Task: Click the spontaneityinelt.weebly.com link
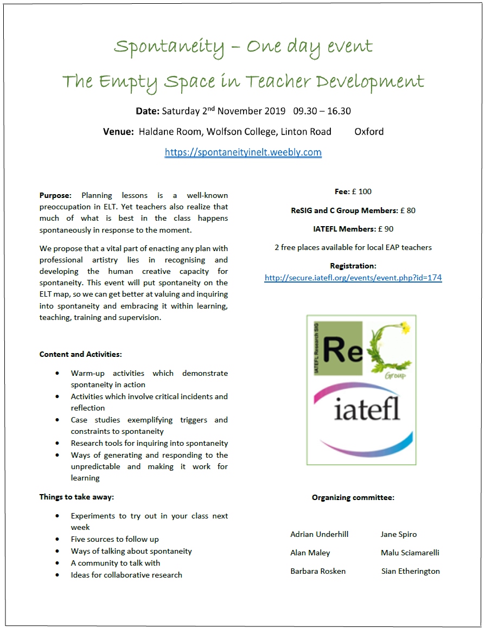pyautogui.click(x=243, y=152)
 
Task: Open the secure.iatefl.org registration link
pyautogui.click(x=353, y=278)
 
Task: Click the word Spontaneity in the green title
pyautogui.click(x=169, y=47)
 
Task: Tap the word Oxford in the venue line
pyautogui.click(x=369, y=132)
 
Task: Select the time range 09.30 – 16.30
pyautogui.click(x=322, y=111)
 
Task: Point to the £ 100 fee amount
pyautogui.click(x=362, y=191)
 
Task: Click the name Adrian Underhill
pyautogui.click(x=320, y=534)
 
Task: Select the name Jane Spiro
pyautogui.click(x=399, y=534)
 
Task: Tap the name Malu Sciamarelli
pyautogui.click(x=410, y=553)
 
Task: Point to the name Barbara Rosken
pyautogui.click(x=318, y=571)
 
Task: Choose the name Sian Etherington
pyautogui.click(x=411, y=571)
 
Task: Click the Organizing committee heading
pyautogui.click(x=353, y=497)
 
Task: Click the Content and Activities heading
pyautogui.click(x=81, y=354)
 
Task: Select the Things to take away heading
pyautogui.click(x=76, y=497)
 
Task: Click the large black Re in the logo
pyautogui.click(x=342, y=349)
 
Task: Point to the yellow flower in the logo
pyautogui.click(x=404, y=328)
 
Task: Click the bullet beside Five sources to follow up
pyautogui.click(x=58, y=540)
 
